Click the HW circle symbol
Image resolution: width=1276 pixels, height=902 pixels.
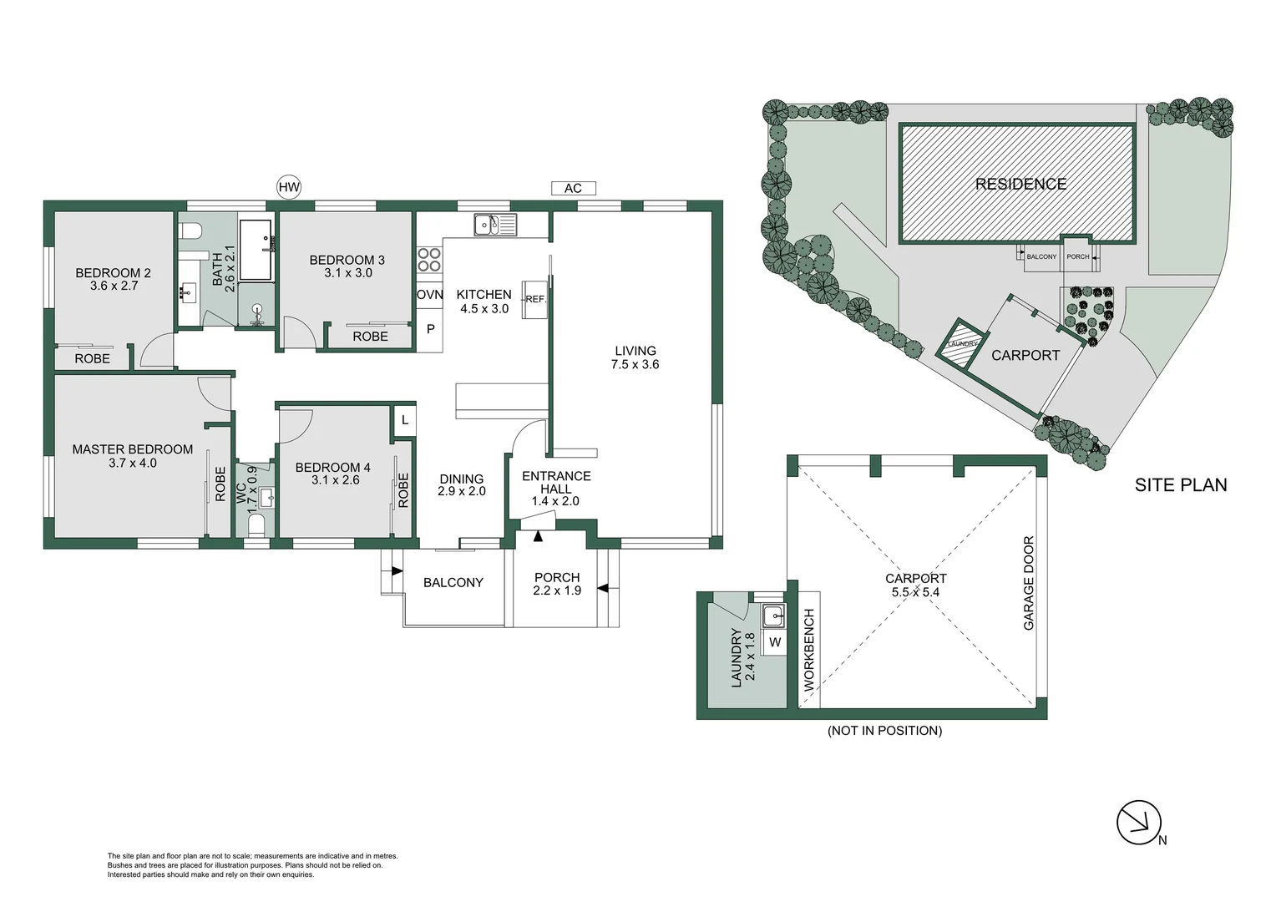point(288,187)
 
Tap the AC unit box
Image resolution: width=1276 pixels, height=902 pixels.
point(572,188)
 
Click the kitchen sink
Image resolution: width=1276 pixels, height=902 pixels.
point(495,225)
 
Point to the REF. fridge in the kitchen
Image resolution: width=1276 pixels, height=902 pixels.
point(534,299)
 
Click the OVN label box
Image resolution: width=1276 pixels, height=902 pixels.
point(430,295)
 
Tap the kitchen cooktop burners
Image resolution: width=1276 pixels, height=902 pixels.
point(429,260)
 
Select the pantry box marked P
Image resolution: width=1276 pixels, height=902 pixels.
point(430,329)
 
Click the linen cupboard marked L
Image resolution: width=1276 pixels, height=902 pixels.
point(405,420)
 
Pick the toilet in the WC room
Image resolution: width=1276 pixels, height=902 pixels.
point(256,525)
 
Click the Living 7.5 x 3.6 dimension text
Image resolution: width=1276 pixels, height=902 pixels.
point(635,364)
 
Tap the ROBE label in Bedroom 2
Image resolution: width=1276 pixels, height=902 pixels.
point(92,358)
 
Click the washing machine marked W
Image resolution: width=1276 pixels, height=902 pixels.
point(775,642)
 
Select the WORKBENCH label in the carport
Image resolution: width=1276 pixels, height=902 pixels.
point(809,650)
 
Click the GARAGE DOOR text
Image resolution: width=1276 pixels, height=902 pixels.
point(1029,583)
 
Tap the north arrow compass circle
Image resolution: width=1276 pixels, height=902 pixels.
point(1139,823)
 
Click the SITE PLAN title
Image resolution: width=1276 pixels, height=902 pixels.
point(1180,485)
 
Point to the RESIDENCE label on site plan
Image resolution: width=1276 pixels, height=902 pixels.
point(1020,184)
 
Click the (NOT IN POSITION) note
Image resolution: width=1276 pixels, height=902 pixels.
point(884,731)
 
